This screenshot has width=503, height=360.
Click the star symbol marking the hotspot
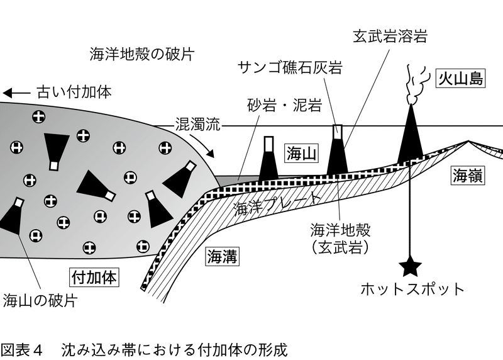tap(412, 267)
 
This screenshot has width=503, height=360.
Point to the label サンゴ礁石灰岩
tap(290, 68)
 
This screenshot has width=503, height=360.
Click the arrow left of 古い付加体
tap(16, 93)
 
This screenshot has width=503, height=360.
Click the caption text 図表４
tap(22, 349)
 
